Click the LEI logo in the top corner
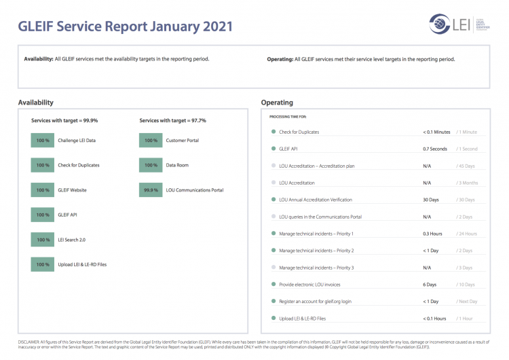[x=454, y=24]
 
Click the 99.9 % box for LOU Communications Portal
[x=151, y=190]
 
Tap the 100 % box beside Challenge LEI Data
[x=43, y=141]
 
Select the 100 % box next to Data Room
[x=151, y=165]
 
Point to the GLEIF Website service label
[x=72, y=190]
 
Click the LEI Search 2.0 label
[x=71, y=240]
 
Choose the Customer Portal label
[x=182, y=141]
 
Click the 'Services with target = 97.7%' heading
[x=172, y=120]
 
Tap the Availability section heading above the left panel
[x=35, y=103]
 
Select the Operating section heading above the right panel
[x=277, y=103]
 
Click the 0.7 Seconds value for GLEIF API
[x=435, y=149]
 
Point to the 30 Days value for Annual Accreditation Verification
[x=431, y=200]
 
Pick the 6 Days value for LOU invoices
[x=430, y=285]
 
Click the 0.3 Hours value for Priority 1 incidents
[x=432, y=234]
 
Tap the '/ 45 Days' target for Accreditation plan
[x=466, y=166]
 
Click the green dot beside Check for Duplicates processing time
[x=274, y=132]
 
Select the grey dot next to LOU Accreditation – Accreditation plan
[x=274, y=166]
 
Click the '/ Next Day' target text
[x=467, y=302]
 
